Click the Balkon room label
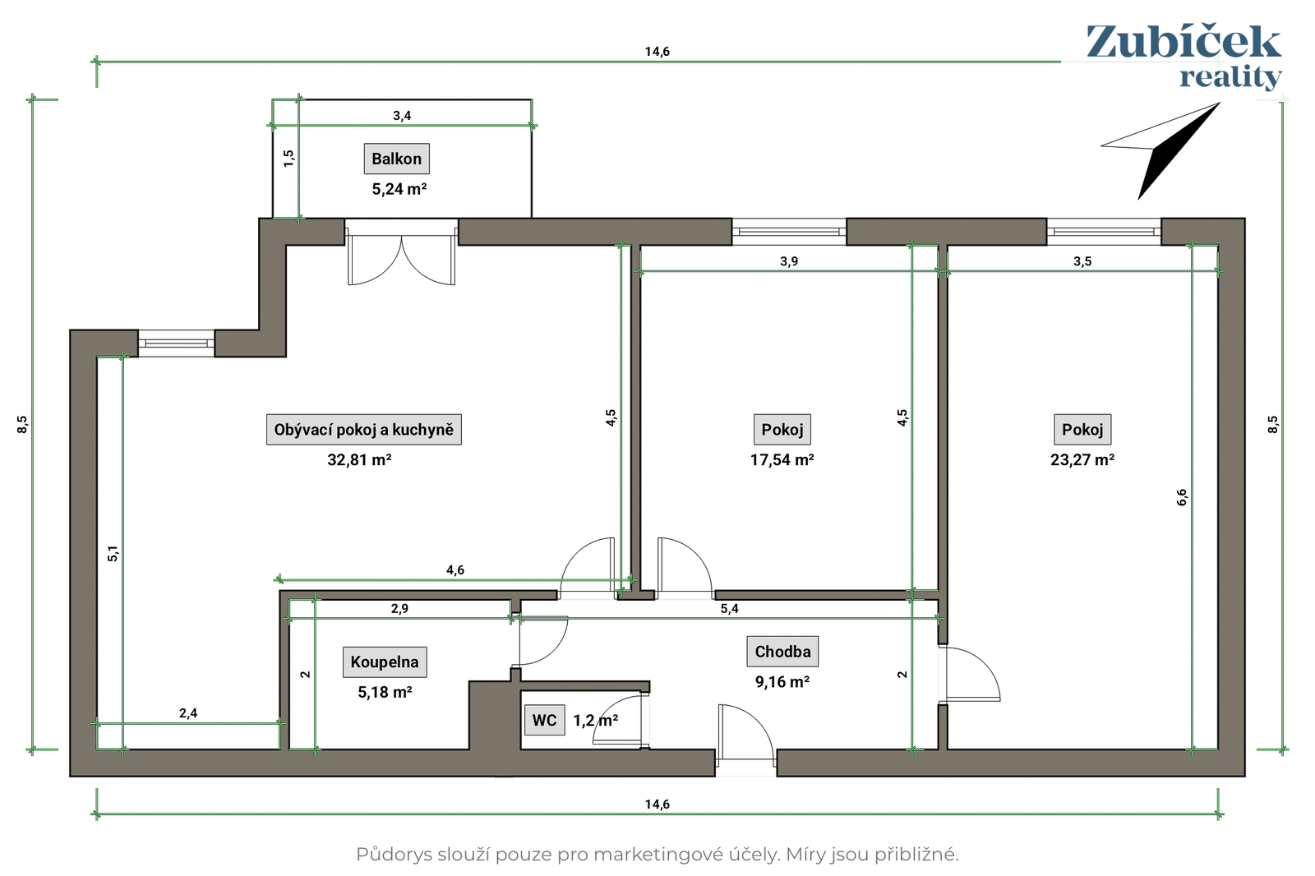[396, 159]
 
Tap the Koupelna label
[385, 662]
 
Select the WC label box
[544, 720]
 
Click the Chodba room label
[782, 651]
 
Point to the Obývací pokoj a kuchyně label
[364, 429]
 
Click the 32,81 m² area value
[359, 459]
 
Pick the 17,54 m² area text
[782, 459]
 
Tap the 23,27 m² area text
[1082, 459]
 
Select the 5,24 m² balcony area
[399, 188]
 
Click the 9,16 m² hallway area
[782, 681]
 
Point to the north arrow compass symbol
[1161, 150]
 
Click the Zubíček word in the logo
[1183, 42]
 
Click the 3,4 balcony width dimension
[402, 116]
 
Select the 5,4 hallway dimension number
[730, 609]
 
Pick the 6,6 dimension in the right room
[1182, 497]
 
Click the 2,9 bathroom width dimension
[399, 608]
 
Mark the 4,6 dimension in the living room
[455, 569]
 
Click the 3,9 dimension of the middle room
[789, 261]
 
